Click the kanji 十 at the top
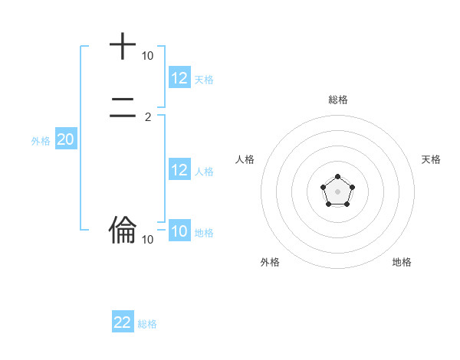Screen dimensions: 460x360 (122, 46)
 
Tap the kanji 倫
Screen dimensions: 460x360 (122, 228)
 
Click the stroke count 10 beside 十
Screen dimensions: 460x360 (147, 56)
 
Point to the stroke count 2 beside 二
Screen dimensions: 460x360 (148, 117)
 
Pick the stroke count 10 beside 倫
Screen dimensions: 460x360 (147, 240)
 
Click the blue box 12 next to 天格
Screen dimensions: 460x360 (179, 78)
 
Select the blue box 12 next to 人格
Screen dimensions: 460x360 (179, 170)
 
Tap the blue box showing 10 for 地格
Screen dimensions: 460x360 (179, 231)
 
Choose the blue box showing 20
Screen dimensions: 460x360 (65, 139)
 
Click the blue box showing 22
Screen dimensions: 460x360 (123, 322)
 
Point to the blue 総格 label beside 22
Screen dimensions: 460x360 (147, 324)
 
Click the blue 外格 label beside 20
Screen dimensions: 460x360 (41, 141)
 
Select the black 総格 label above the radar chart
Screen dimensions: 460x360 (338, 100)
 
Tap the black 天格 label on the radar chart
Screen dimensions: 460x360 (431, 159)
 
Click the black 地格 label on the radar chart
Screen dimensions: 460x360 (402, 262)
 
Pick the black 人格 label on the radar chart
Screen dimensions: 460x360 (245, 159)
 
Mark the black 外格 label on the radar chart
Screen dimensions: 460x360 (270, 262)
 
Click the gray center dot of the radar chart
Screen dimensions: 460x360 (337, 191)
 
